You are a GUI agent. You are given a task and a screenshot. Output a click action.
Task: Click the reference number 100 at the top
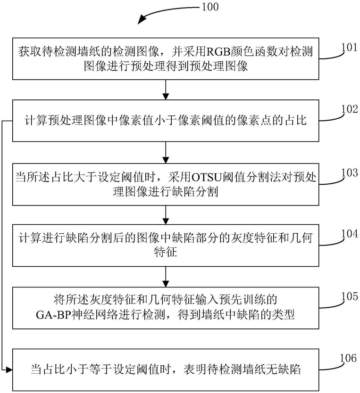210,7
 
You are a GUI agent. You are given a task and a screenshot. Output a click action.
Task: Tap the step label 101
349,48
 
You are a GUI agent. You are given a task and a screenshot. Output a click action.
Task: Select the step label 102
349,109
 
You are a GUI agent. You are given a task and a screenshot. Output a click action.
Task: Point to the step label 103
349,172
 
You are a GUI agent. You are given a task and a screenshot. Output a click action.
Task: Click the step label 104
349,234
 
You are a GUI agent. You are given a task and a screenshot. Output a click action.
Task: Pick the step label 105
349,296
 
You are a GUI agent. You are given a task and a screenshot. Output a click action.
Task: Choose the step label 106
349,358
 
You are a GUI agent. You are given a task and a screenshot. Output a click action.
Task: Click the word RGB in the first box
218,52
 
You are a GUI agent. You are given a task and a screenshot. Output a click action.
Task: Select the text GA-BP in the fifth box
53,315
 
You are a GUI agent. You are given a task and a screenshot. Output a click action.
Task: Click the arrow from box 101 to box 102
166,90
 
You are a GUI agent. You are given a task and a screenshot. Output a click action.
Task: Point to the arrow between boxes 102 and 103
166,152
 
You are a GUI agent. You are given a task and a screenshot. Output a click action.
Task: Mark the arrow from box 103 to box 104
166,215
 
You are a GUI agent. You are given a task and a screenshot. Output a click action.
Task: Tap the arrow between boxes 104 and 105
166,277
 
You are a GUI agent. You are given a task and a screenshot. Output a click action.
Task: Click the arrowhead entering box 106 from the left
9,369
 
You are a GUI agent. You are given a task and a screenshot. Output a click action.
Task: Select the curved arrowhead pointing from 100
142,19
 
